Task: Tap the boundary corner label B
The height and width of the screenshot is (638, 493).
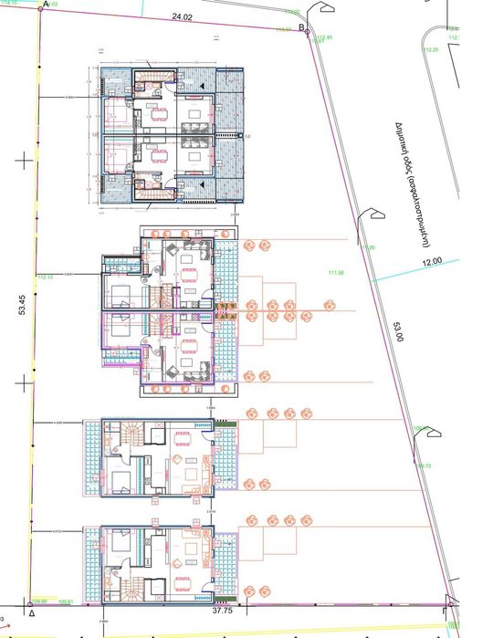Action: coord(302,26)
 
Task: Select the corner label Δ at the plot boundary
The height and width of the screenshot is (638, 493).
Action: coord(31,614)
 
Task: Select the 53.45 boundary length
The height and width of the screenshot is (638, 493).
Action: coord(21,310)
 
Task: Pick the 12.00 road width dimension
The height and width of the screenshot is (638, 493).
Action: coord(431,261)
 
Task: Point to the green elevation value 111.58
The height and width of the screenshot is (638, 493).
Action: coord(334,272)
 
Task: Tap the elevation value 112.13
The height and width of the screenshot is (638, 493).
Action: coord(45,276)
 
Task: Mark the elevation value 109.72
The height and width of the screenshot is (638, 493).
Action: coord(424,465)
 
